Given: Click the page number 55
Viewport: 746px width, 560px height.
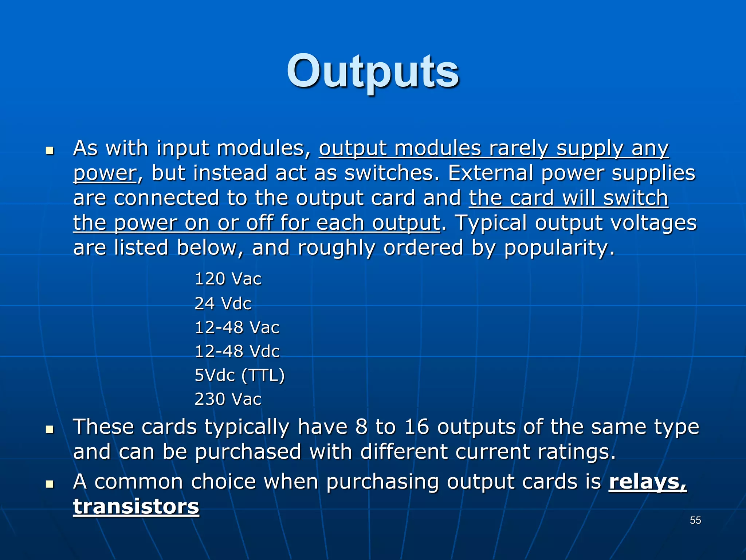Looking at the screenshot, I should [x=695, y=520].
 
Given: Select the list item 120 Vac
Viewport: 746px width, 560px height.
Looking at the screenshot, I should [x=228, y=279].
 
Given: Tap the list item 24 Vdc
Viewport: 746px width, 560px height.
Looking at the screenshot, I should [x=223, y=303].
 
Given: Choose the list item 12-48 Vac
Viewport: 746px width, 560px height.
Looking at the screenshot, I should [x=237, y=327].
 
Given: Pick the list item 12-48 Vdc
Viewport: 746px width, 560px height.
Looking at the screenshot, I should [x=237, y=351].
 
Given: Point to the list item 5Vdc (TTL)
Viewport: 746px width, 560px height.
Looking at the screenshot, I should [x=240, y=376].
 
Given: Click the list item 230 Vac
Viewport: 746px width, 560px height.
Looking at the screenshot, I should [x=228, y=399].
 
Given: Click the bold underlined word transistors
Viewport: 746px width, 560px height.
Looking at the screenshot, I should [x=136, y=507].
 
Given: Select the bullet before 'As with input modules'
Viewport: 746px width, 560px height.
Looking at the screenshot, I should [x=50, y=150].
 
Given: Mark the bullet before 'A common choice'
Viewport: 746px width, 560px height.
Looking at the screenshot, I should [x=50, y=484].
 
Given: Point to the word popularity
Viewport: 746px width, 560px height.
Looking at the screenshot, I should [x=559, y=248].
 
